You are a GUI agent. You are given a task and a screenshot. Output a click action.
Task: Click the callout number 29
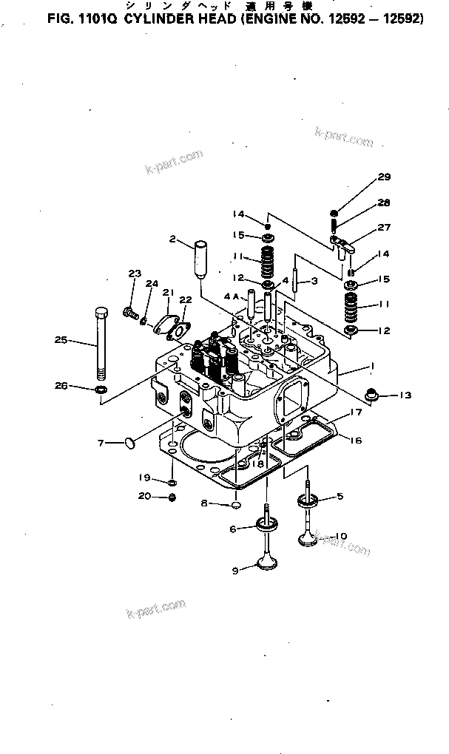383,177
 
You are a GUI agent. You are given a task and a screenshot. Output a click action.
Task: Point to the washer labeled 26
100,387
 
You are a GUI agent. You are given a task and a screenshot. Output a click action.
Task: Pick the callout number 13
403,395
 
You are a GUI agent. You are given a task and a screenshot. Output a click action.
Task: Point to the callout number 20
146,496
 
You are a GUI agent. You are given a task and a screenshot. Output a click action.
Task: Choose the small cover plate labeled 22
179,329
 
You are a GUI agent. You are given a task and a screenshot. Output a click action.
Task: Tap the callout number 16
355,440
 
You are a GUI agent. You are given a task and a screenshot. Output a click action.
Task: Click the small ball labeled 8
235,504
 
